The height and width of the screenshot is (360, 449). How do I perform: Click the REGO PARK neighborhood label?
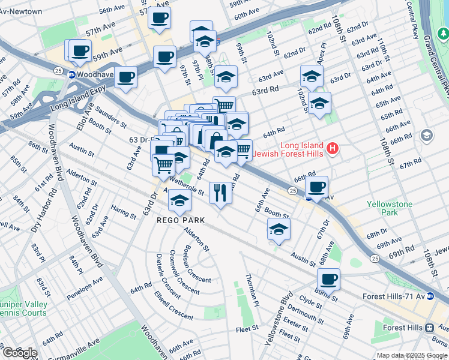[180, 220]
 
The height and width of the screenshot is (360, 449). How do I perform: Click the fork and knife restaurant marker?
[220, 193]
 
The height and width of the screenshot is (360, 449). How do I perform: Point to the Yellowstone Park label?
[390, 208]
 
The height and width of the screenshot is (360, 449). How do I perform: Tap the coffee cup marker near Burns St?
[328, 279]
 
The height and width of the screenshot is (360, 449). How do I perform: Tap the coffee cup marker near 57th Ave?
[159, 18]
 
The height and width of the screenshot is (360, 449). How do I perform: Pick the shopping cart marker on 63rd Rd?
[224, 106]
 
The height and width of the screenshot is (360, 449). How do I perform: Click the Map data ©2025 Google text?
[411, 355]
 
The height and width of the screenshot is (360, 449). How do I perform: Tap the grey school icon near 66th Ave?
[427, 135]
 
